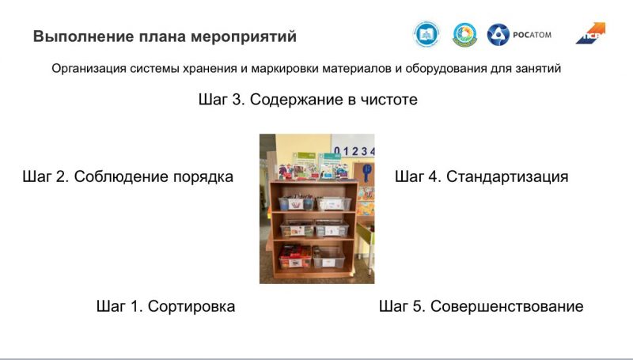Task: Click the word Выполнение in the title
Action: (83, 36)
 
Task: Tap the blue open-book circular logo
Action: (426, 35)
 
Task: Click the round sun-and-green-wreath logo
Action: (464, 35)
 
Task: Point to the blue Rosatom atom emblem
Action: (498, 35)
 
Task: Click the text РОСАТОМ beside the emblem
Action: (532, 35)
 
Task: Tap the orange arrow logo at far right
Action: (590, 33)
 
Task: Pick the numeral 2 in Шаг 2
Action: (62, 176)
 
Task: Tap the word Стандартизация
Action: (507, 176)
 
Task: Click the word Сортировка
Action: (191, 306)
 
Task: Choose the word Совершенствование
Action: (506, 306)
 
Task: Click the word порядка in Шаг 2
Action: (203, 177)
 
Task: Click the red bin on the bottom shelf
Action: (295, 256)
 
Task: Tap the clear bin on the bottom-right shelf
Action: (328, 257)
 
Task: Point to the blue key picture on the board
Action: (366, 173)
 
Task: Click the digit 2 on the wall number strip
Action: (354, 151)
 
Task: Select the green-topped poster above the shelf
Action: (305, 165)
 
